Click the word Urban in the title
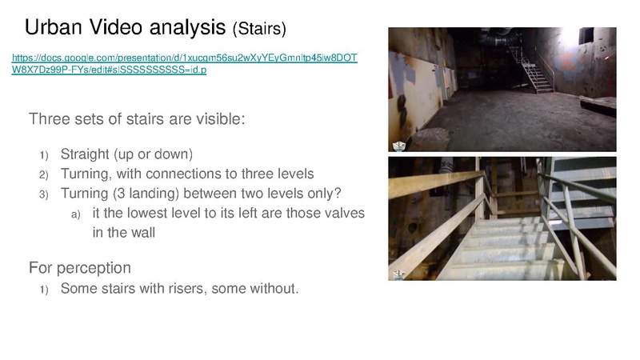(54, 27)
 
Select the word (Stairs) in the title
(259, 29)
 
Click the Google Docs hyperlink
(185, 63)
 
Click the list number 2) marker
(44, 174)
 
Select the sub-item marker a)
(75, 214)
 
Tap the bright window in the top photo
(586, 35)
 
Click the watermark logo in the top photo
(398, 146)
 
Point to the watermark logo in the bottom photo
(398, 274)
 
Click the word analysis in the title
(187, 28)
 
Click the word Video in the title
(115, 27)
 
